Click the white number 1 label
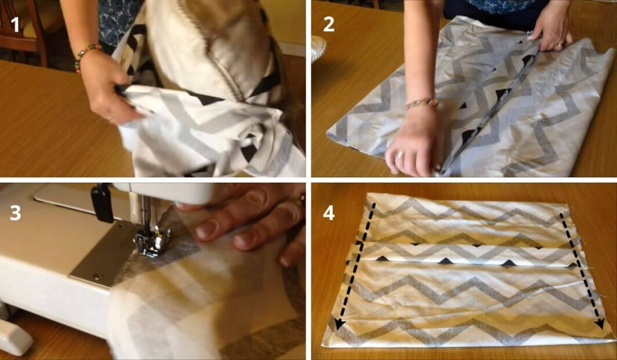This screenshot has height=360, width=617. (15, 24)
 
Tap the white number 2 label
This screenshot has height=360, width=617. (329, 24)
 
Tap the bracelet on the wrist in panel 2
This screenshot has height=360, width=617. (422, 103)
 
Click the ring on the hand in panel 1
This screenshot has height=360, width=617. (108, 118)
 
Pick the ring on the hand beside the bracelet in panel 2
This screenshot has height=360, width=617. (400, 155)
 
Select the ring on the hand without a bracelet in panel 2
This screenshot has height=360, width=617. (559, 45)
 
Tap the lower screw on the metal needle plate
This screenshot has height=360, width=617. (96, 277)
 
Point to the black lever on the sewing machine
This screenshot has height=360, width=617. (103, 203)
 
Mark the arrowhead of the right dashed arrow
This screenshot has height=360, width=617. (600, 323)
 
